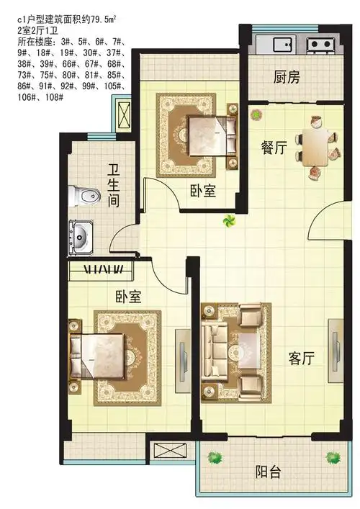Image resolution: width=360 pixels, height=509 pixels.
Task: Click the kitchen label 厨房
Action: tap(287, 77)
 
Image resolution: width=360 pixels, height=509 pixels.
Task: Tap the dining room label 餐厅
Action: tap(274, 148)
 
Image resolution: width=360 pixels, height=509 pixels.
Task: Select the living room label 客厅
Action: tap(302, 359)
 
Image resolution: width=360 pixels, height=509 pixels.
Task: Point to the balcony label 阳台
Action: tap(268, 472)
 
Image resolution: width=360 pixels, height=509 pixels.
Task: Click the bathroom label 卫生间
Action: tap(114, 186)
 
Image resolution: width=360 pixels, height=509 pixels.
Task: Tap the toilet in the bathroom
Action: tap(84, 196)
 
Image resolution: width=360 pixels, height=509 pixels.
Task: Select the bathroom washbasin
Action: tap(81, 237)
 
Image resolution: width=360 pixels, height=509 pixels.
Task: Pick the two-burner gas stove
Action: tap(320, 45)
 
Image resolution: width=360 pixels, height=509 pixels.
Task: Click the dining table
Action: tap(315, 148)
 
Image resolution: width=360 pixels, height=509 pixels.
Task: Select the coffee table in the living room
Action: tap(248, 351)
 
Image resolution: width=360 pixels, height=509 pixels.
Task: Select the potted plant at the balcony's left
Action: tap(215, 458)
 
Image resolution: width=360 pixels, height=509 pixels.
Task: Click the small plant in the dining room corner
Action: tap(256, 114)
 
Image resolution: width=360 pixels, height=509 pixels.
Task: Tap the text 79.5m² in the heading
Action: tap(104, 19)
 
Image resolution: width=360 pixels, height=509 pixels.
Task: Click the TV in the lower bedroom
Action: tap(183, 361)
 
